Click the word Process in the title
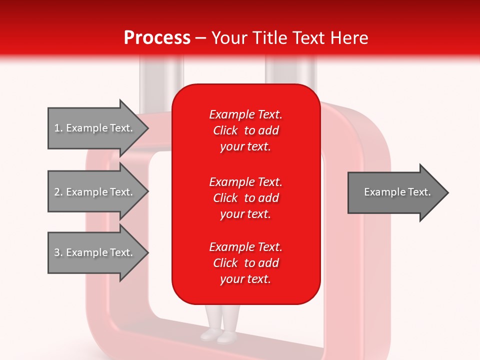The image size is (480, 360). [157, 38]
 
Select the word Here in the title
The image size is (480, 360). [349, 38]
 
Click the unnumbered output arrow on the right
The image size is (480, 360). [398, 192]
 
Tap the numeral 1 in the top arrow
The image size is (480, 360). [57, 128]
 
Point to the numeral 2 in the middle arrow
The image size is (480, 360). [57, 192]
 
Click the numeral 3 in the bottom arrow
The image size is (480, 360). [57, 252]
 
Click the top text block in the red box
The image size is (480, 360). [246, 130]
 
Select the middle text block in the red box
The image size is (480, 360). [246, 198]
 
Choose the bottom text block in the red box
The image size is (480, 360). [246, 263]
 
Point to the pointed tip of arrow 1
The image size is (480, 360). [149, 128]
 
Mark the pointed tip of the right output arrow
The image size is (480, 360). [448, 192]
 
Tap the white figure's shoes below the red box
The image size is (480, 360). [219, 335]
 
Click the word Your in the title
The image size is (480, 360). [229, 38]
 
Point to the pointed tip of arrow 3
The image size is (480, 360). [149, 252]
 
